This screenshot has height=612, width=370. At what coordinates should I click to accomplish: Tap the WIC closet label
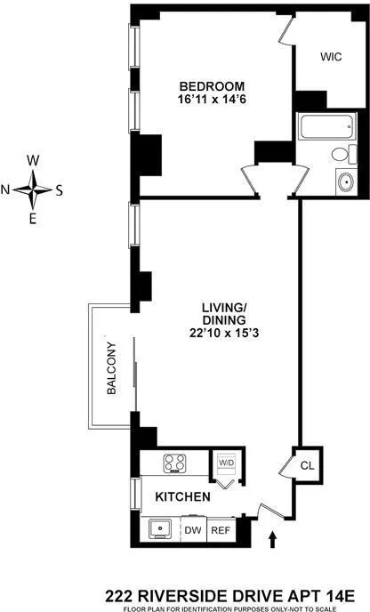click(x=331, y=54)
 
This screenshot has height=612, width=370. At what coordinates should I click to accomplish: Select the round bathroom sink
click(x=345, y=182)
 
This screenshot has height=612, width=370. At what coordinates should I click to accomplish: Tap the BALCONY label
click(x=111, y=369)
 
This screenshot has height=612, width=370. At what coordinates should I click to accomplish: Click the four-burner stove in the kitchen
click(x=173, y=463)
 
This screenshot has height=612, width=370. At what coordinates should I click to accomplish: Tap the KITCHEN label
click(x=183, y=496)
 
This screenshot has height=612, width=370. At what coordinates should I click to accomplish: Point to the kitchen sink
click(x=162, y=528)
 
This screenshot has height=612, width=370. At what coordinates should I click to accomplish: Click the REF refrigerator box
click(x=220, y=529)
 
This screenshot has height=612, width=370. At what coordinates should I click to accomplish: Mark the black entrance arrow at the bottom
click(x=272, y=538)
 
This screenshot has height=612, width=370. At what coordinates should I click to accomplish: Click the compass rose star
click(x=34, y=189)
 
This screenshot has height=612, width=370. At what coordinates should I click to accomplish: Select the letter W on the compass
click(x=34, y=160)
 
